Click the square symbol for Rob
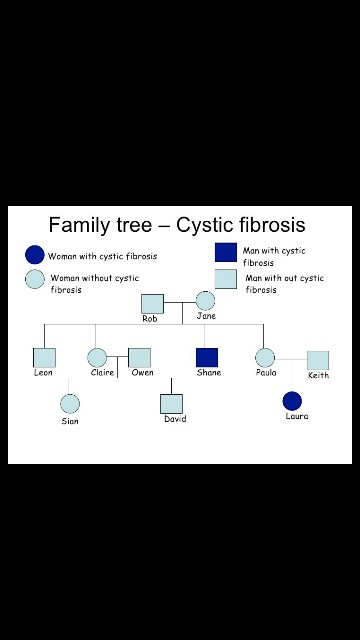151,303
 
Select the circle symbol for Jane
205,301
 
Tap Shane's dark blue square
207,357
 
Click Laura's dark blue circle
292,401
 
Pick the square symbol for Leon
44,358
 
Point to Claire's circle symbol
97,358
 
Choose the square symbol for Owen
140,358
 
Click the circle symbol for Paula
265,357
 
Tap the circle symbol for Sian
70,404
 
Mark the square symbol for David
172,404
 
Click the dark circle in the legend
35,255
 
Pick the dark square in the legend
226,252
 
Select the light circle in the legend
35,279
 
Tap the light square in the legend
226,279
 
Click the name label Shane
208,373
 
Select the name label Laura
297,417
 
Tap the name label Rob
150,319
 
